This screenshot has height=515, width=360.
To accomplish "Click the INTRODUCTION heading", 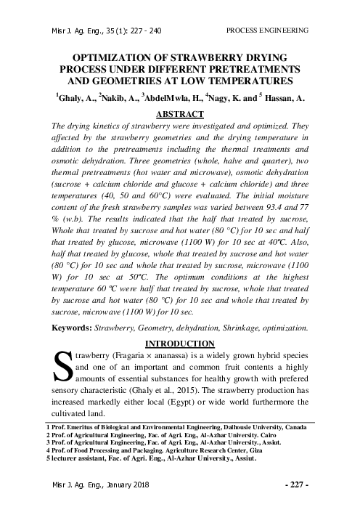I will tap(181, 342).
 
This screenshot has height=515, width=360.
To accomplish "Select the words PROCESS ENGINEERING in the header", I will tap(268, 31).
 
